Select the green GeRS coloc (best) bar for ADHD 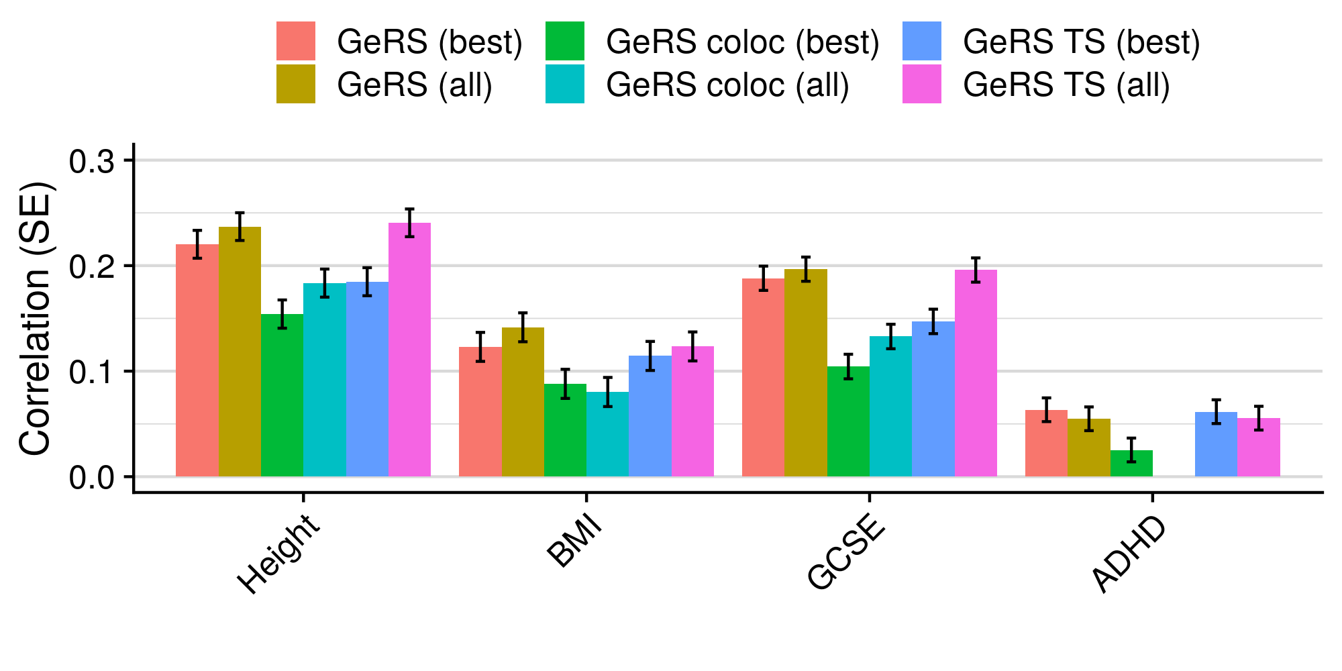pos(1131,464)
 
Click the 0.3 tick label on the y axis pos(92,162)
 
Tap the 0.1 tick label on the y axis pos(92,372)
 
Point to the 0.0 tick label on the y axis pos(92,478)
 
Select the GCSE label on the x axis pos(847,554)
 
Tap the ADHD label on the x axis pos(1130,554)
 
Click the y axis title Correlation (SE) pos(35,318)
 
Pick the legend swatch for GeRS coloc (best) pos(565,41)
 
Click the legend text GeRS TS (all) pos(1066,85)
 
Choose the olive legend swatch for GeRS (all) pos(296,84)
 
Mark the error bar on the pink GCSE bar pos(976,270)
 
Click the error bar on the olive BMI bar pos(523,327)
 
